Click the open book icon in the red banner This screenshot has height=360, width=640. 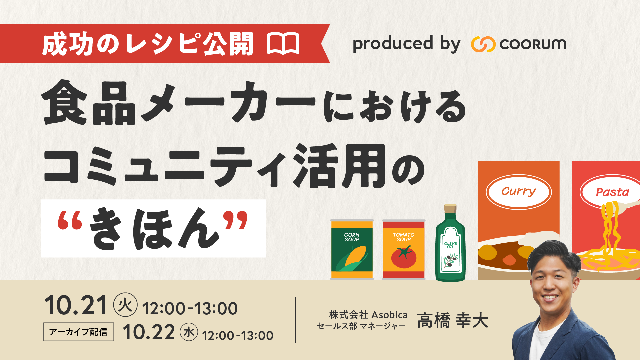[x=283, y=44]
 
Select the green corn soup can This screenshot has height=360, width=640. [x=352, y=249]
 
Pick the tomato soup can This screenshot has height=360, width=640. [x=404, y=249]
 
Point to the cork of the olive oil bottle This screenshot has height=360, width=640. [x=450, y=209]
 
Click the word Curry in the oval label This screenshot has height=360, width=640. [x=518, y=192]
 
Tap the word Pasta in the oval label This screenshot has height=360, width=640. [x=612, y=192]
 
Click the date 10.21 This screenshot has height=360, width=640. [x=76, y=306]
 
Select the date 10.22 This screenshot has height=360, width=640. [x=149, y=332]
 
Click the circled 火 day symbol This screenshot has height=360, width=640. [x=125, y=305]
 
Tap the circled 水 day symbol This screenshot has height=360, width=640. [x=189, y=332]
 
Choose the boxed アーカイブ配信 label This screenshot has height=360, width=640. [x=79, y=332]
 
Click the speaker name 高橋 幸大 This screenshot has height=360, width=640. [x=453, y=321]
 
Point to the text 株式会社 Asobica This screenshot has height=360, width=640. [x=368, y=315]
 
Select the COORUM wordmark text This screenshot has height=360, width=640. [x=533, y=44]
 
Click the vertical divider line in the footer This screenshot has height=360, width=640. [x=296, y=320]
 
